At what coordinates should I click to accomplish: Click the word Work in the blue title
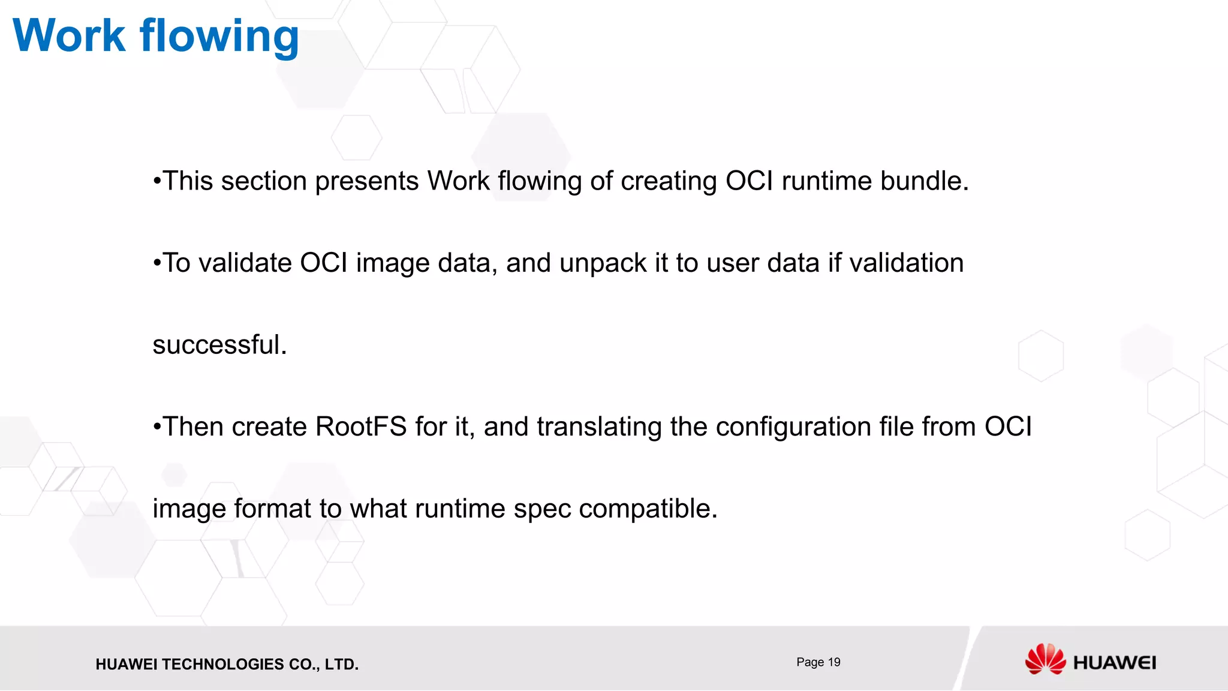click(69, 36)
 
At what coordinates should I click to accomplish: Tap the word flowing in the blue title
click(219, 37)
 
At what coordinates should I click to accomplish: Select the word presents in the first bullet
click(366, 181)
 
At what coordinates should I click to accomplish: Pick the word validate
click(245, 263)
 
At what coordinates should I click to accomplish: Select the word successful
click(219, 345)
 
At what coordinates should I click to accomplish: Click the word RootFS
click(361, 427)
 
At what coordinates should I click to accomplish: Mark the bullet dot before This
click(157, 181)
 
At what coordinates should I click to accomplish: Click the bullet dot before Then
click(157, 427)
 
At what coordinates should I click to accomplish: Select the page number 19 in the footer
click(834, 662)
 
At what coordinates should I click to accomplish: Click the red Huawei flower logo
click(1045, 659)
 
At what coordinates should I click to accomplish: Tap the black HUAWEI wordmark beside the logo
click(1114, 663)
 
